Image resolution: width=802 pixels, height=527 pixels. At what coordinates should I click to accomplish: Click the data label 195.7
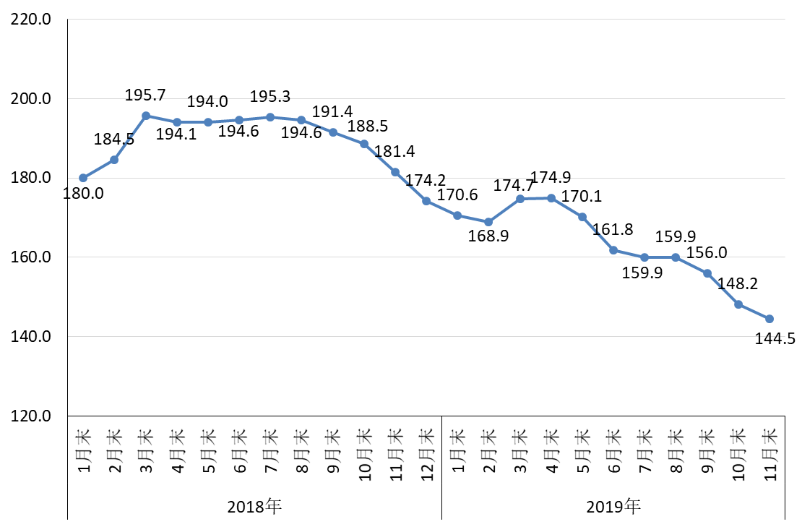click(145, 95)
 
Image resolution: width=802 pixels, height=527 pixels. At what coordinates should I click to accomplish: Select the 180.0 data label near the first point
click(84, 194)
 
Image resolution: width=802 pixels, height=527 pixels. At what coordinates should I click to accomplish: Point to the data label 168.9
click(488, 236)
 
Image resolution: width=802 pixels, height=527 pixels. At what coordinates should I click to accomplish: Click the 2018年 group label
click(254, 506)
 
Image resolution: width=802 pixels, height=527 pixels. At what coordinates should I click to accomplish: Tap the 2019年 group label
click(613, 506)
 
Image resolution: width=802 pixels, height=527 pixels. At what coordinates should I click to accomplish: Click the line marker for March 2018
click(146, 116)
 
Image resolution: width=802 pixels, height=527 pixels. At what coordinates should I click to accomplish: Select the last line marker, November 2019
click(769, 319)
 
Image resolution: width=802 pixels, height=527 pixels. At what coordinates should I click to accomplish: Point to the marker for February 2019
click(488, 222)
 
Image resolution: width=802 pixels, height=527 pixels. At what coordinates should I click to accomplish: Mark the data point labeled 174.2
click(426, 201)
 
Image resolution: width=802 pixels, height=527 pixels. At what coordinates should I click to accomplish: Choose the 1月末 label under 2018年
click(84, 450)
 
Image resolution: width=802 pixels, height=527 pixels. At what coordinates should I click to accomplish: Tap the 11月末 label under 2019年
click(770, 450)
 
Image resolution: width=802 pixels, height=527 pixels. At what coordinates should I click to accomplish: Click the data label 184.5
click(114, 140)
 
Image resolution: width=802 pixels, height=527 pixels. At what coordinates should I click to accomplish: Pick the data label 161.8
click(613, 230)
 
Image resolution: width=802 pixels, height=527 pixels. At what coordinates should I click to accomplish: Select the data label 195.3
click(270, 97)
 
